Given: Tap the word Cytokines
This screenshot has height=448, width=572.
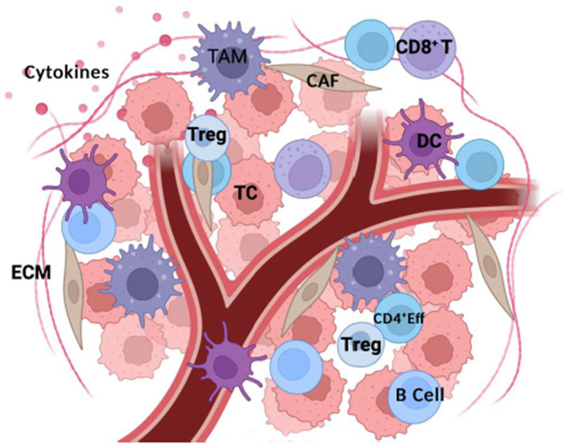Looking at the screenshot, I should (67, 72).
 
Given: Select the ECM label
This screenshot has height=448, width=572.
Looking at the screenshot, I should (31, 273).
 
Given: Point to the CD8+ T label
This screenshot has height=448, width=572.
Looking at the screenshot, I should (423, 47).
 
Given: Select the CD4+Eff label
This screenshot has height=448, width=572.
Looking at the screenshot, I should (398, 319).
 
